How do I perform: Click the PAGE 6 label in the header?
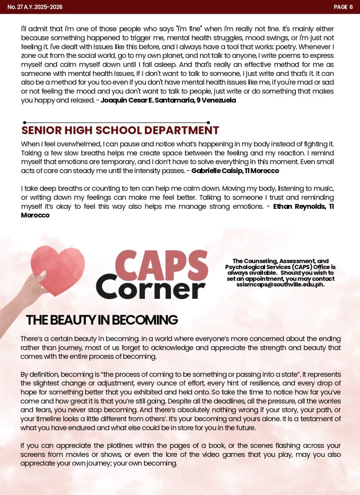click(x=343, y=7)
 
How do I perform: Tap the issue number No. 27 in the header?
click(x=14, y=7)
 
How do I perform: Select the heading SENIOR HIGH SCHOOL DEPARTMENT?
click(x=120, y=131)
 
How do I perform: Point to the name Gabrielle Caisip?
click(x=213, y=171)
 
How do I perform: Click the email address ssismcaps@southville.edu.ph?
click(x=280, y=285)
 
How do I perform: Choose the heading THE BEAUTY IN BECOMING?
click(x=102, y=320)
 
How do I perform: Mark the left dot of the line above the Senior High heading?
click(x=25, y=123)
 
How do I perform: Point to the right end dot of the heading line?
click(x=208, y=123)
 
